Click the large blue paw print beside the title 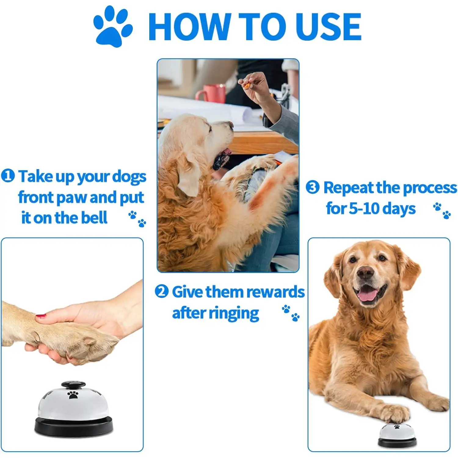tap(112, 27)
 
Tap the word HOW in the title tap(190, 27)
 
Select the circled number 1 tap(8, 176)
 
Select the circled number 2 tap(162, 291)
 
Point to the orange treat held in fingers tap(246, 85)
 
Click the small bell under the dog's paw tap(397, 435)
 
